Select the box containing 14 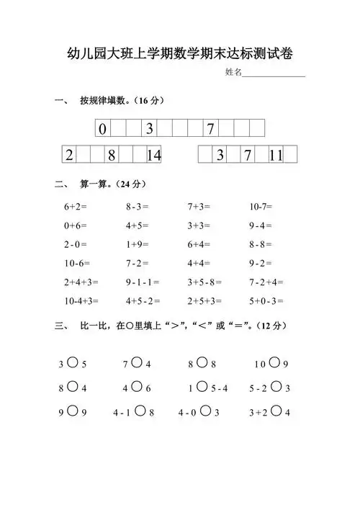pos(153,156)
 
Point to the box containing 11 pos(275,156)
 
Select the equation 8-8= pos(261,244)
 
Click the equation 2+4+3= pos(81,282)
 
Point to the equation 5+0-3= pos(266,300)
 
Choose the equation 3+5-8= pos(204,282)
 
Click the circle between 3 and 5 pos(72,363)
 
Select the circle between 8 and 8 pos(202,363)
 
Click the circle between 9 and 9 pos(72,412)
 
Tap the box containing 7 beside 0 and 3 pos(210,130)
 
